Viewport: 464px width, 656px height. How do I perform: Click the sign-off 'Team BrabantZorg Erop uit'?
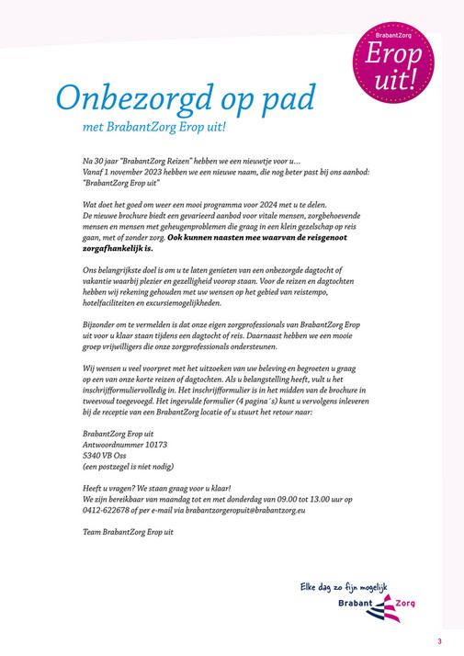128,532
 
